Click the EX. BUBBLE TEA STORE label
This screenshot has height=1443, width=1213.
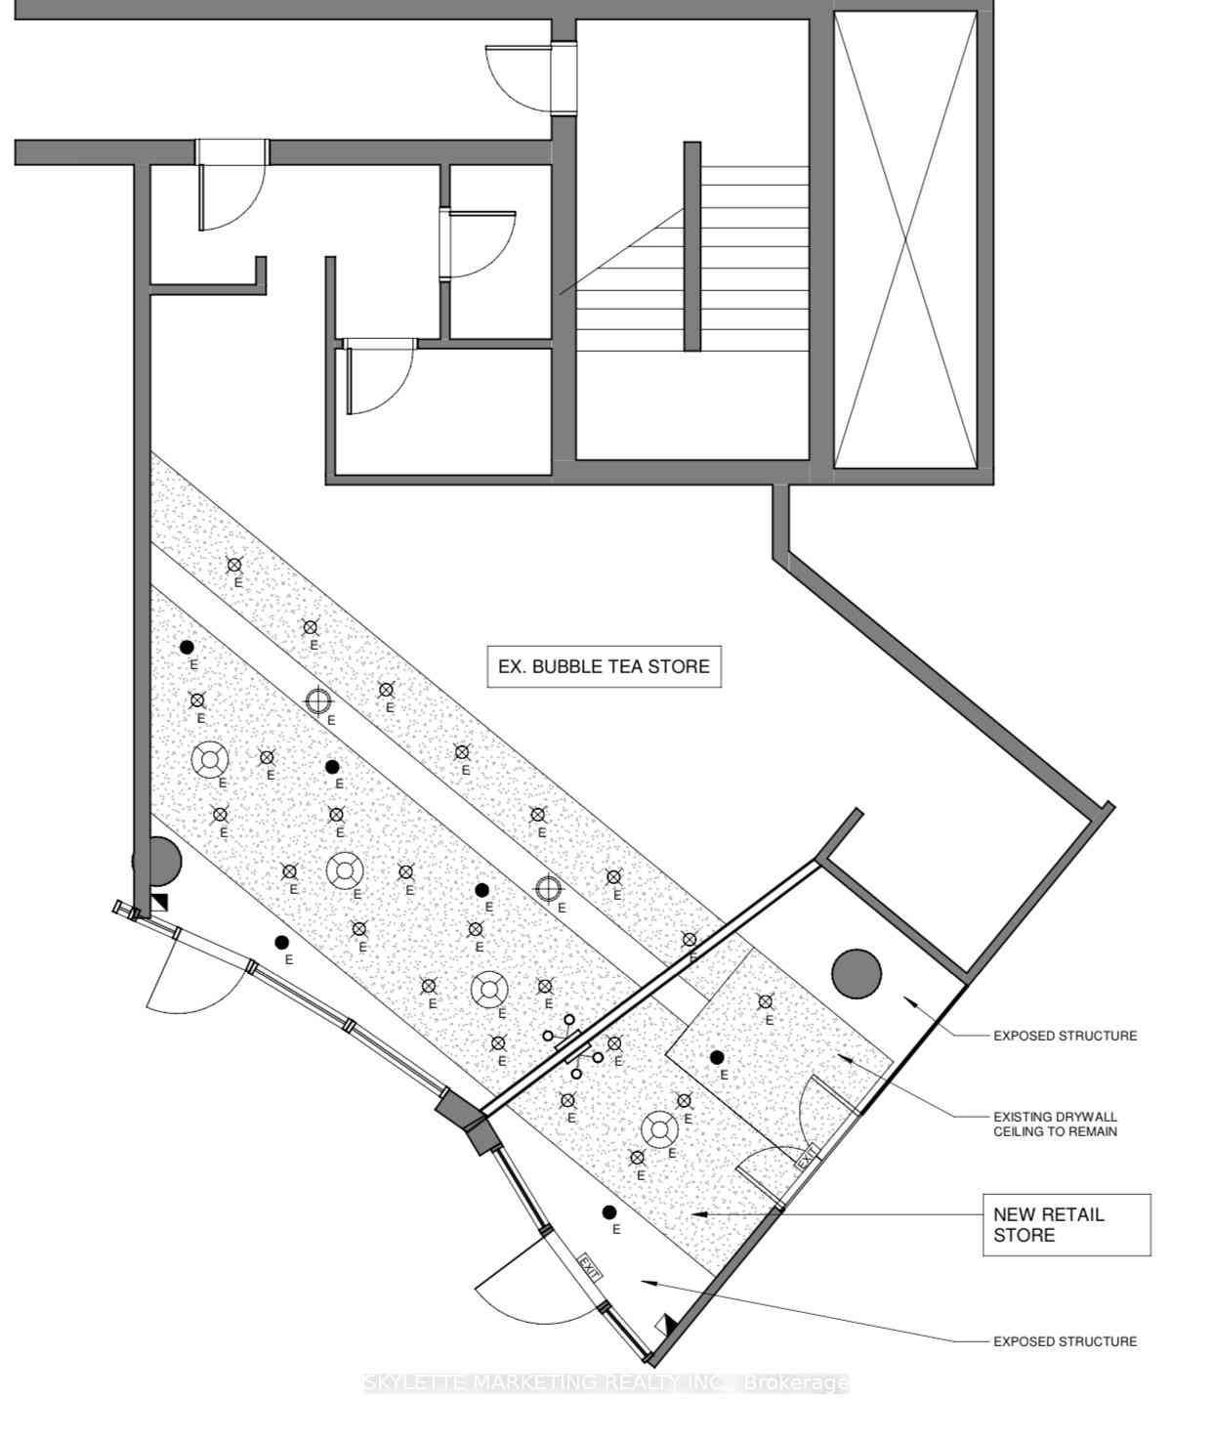[604, 666]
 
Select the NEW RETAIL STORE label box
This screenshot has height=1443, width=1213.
[1067, 1224]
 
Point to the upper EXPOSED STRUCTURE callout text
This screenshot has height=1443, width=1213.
[1065, 1036]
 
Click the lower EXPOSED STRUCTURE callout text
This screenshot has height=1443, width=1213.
[1065, 1341]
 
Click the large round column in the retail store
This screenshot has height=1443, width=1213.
[857, 973]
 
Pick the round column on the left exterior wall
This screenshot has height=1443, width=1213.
[158, 861]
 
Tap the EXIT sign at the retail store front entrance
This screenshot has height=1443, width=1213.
[590, 1267]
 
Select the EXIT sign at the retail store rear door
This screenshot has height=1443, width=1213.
[806, 1160]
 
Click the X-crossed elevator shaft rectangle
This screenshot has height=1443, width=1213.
[904, 239]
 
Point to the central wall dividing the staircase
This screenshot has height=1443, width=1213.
[691, 246]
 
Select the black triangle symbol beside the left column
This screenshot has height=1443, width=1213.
[159, 902]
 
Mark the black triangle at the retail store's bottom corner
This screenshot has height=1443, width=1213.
[670, 1323]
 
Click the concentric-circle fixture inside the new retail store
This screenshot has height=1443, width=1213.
[659, 1130]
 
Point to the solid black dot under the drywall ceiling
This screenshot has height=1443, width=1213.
[717, 1057]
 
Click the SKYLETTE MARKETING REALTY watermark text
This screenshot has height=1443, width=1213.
[606, 1382]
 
